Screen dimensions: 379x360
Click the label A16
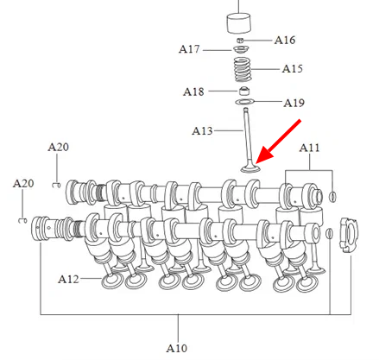pos(285,40)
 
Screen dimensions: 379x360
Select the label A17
pos(189,49)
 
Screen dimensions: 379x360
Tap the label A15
pos(292,69)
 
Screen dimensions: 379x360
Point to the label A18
pos(193,92)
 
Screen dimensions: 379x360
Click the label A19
pos(294,103)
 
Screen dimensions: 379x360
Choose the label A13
pos(202,131)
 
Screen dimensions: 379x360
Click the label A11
pos(309,148)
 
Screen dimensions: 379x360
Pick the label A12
pos(68,279)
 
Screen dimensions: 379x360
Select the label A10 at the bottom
pos(176,348)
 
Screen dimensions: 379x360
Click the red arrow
pos(278,142)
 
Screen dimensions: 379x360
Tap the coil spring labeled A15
pos(242,70)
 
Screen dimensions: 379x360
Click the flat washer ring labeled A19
pos(245,102)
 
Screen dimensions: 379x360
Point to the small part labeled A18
pos(244,91)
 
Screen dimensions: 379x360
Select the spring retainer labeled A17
pos(241,50)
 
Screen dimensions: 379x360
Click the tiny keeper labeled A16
pos(241,41)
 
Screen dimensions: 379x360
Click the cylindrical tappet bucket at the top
pos(239,23)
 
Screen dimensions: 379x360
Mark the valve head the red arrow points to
pos(250,168)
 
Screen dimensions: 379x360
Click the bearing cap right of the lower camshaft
pos(349,236)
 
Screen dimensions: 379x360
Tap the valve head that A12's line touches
pos(112,281)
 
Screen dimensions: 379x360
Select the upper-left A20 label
pos(58,148)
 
